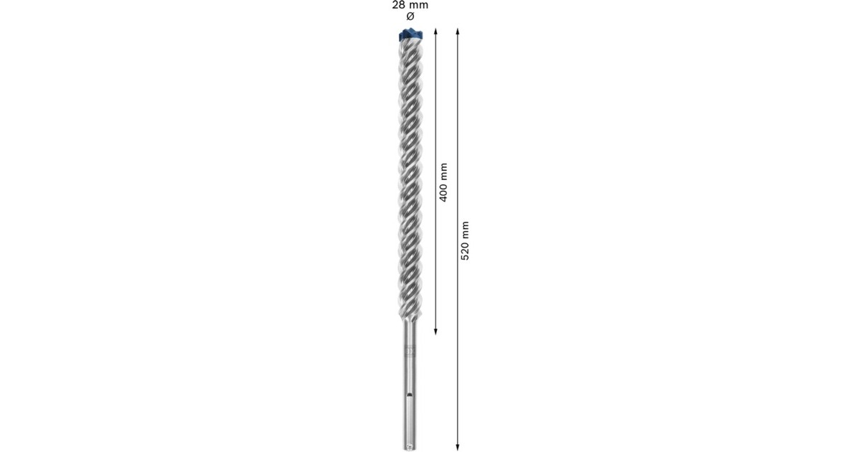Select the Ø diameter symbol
pos(410,16)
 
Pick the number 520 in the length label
pos(464,250)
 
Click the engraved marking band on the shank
pos(410,352)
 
